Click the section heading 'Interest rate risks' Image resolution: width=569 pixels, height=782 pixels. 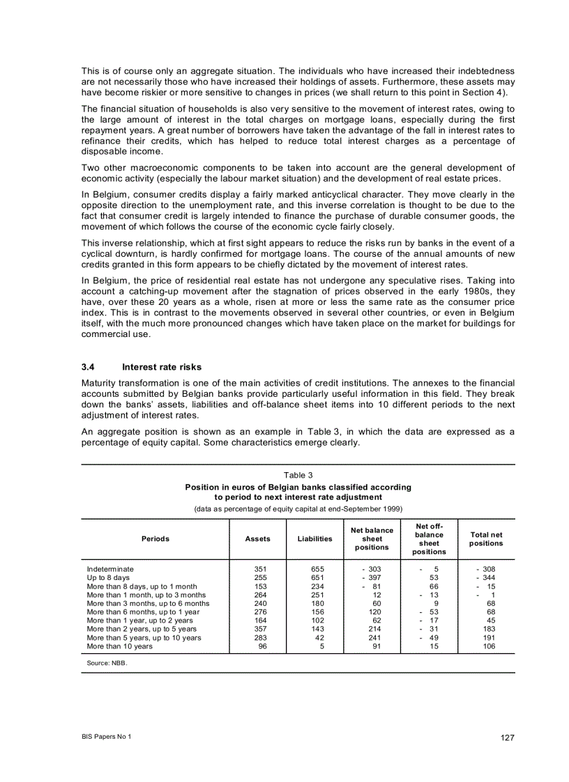[x=161, y=367]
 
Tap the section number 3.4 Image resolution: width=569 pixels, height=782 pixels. [x=88, y=367]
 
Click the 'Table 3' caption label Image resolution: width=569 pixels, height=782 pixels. [x=298, y=475]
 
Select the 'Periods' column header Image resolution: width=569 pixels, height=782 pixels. [x=155, y=539]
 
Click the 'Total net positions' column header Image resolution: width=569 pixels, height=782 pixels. [x=486, y=539]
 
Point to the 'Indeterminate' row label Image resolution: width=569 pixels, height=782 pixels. [x=110, y=569]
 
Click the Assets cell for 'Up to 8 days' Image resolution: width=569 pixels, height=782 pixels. [x=261, y=577]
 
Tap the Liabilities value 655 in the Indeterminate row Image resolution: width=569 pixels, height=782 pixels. [x=317, y=569]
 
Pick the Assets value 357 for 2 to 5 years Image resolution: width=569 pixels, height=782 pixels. [x=261, y=629]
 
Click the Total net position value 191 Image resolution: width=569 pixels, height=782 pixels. [x=488, y=638]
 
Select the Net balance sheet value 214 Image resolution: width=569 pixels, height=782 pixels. [x=374, y=629]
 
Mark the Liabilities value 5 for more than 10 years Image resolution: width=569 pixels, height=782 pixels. [x=321, y=646]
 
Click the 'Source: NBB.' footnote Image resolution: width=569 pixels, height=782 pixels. [x=107, y=664]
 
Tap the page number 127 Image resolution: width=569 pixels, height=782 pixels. [x=507, y=738]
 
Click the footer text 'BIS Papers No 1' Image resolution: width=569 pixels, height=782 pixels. [x=106, y=737]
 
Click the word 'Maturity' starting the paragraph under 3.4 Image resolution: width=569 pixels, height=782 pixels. [x=100, y=383]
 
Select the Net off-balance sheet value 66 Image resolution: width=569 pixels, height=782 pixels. [x=433, y=586]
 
